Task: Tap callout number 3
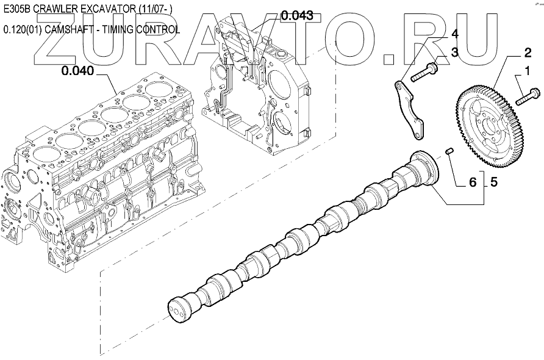(454, 52)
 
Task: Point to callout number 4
(454, 35)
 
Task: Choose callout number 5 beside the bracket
(493, 181)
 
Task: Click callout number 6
(472, 181)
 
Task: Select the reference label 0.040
(77, 71)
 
